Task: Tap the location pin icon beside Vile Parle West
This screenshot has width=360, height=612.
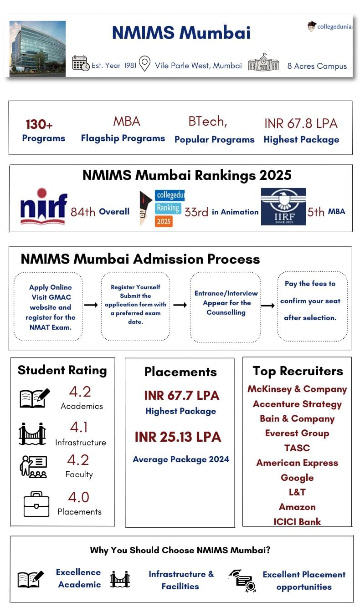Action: point(144,64)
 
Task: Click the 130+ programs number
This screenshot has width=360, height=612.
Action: point(39,124)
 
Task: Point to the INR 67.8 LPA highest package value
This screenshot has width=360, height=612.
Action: point(301,123)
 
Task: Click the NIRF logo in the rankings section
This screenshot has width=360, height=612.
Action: point(44,207)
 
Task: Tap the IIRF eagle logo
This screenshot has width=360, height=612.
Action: point(283,207)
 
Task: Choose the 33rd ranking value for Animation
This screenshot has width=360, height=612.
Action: point(196,212)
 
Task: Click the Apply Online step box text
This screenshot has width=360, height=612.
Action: point(50,307)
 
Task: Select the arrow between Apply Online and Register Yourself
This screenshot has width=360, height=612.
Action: point(91,305)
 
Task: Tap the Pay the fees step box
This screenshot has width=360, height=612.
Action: point(310,301)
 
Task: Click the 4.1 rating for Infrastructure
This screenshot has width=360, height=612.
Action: point(79,427)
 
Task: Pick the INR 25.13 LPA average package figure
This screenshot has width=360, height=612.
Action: point(178,437)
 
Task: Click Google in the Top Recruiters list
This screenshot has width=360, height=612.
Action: point(297,478)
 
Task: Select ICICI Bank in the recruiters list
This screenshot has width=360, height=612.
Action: point(297,522)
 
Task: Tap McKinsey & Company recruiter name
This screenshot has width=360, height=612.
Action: point(297,389)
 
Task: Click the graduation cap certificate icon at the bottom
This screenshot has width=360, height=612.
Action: point(242,580)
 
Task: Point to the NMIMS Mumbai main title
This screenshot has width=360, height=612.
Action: point(181,33)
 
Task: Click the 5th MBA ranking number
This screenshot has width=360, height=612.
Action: point(316,212)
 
